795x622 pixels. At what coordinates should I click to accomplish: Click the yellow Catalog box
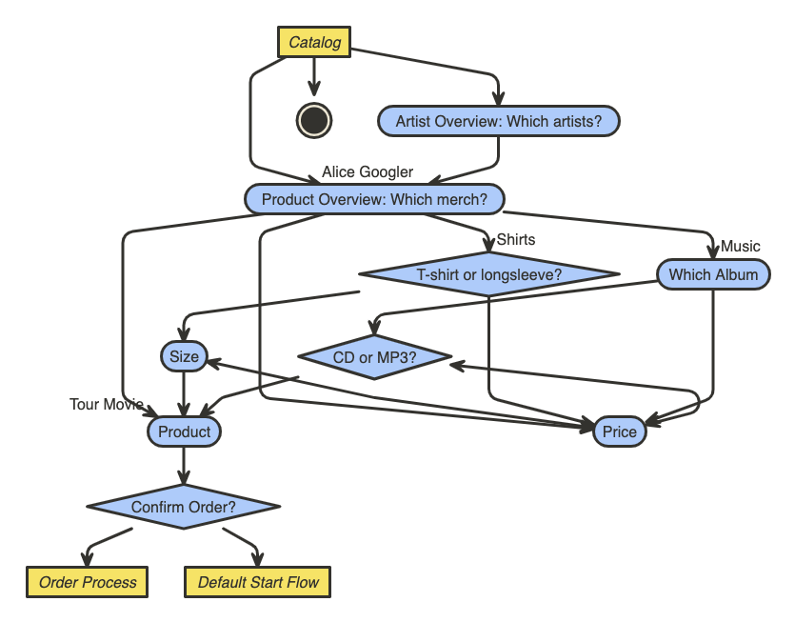[x=314, y=43]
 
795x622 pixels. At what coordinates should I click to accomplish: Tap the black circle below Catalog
[x=314, y=120]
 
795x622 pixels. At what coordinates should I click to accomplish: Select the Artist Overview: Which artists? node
[x=499, y=121]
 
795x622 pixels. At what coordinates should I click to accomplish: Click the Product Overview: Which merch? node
[x=374, y=199]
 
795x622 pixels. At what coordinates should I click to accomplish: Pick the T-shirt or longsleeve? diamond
[x=489, y=275]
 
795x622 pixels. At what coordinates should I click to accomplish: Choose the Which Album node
[x=713, y=274]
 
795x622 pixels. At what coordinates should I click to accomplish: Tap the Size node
[x=184, y=356]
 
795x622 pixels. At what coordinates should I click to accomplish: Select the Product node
[x=184, y=431]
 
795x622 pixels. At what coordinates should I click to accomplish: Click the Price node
[x=619, y=431]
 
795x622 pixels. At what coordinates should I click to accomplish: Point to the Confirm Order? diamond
[x=183, y=507]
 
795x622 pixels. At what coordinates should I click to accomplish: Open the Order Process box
[x=88, y=582]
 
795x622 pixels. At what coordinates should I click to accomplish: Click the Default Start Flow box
[x=258, y=582]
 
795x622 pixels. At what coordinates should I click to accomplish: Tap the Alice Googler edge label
[x=368, y=172]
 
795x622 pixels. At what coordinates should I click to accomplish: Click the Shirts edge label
[x=516, y=240]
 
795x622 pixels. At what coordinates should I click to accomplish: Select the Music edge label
[x=741, y=247]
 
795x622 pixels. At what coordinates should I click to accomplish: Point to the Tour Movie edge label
[x=107, y=405]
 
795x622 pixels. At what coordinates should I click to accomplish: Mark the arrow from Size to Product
[x=184, y=392]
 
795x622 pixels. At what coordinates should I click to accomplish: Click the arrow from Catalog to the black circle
[x=314, y=76]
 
